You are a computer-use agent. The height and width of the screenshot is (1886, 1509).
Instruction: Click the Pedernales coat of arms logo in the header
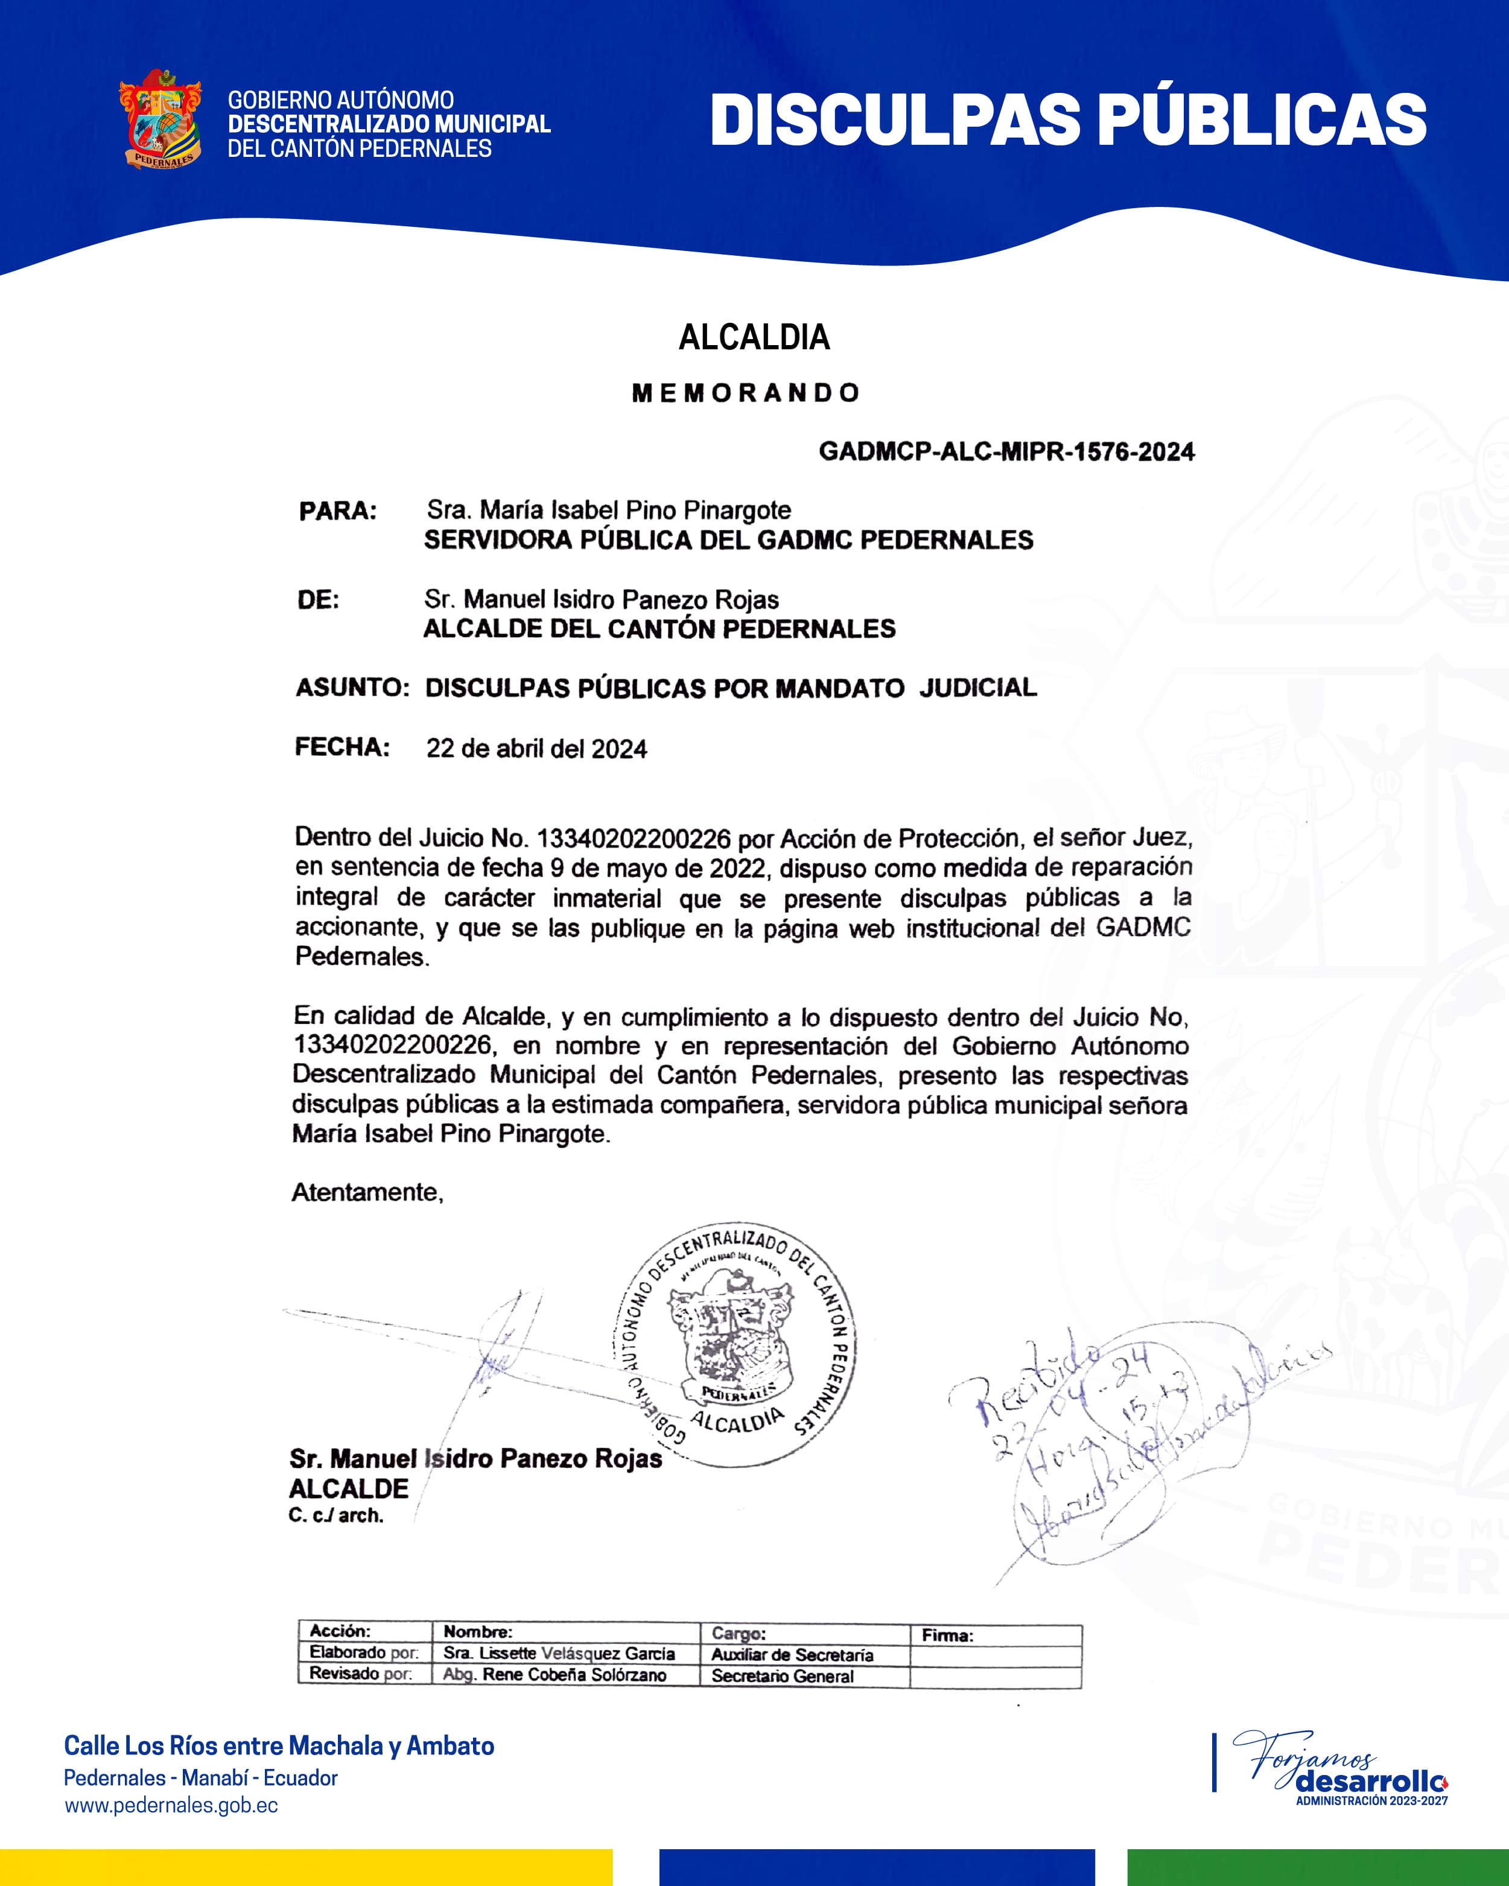(x=160, y=120)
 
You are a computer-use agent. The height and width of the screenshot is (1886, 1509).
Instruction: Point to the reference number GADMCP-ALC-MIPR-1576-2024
(x=1006, y=451)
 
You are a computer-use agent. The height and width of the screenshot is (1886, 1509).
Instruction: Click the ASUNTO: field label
(x=352, y=688)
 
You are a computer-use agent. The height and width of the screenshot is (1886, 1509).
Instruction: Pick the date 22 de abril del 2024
(x=536, y=749)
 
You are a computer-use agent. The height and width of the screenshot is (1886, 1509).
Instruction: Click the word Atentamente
(x=367, y=1192)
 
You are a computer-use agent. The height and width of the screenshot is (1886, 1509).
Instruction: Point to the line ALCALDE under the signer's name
(x=349, y=1489)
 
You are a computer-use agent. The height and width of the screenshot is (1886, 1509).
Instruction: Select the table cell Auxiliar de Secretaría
(x=792, y=1655)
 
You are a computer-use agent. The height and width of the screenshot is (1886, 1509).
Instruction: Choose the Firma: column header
(x=947, y=1635)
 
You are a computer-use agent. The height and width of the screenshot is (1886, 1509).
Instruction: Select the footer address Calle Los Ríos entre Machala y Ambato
(x=279, y=1746)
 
